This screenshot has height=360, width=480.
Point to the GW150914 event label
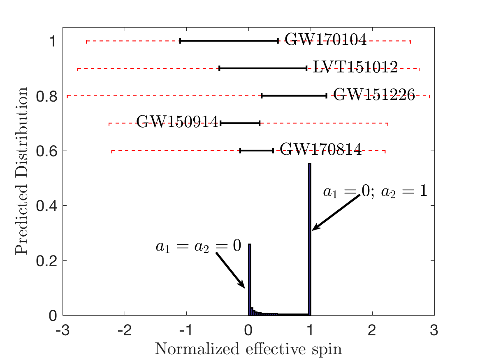pyautogui.click(x=177, y=123)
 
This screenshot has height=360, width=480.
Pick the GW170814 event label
pyautogui.click(x=321, y=150)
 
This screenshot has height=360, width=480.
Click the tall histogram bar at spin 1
pyautogui.click(x=310, y=239)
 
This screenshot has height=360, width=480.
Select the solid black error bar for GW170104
pyautogui.click(x=229, y=41)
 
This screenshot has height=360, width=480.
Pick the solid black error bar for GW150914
pyautogui.click(x=240, y=123)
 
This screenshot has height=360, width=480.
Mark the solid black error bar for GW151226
pyautogui.click(x=294, y=95)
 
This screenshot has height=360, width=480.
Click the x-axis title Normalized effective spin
pyautogui.click(x=248, y=349)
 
